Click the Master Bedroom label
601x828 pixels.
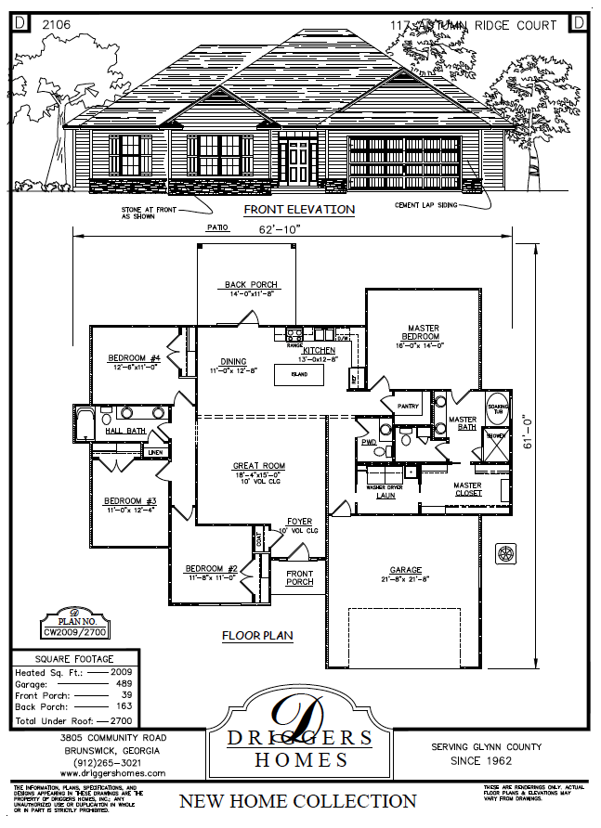[x=420, y=331]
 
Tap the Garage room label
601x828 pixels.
[x=405, y=570]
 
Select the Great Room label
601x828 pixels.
[x=258, y=466]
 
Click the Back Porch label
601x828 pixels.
[x=251, y=285]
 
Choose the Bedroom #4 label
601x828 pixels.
[x=135, y=358]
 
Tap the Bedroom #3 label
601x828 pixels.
[x=129, y=500]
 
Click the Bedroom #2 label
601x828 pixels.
[x=212, y=568]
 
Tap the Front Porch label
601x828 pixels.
[x=299, y=577]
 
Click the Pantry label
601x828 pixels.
[x=408, y=407]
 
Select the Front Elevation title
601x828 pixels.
[x=299, y=210]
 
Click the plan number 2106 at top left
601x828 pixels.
[x=57, y=25]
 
